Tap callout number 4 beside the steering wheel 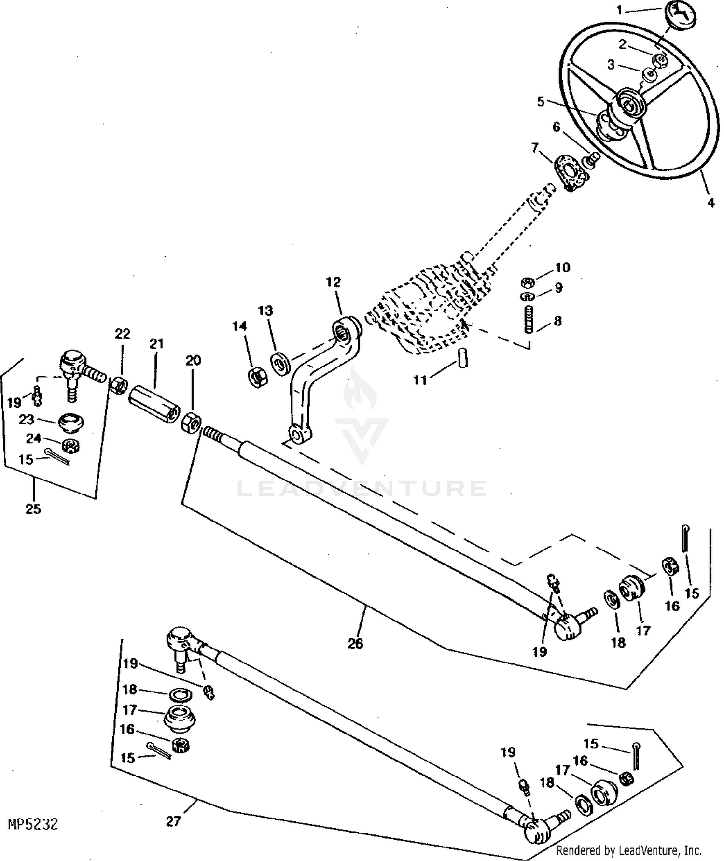coord(710,203)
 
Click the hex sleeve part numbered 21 coord(154,401)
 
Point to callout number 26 coord(355,643)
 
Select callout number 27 coord(173,820)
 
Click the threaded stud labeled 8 coord(529,319)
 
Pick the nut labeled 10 coord(528,282)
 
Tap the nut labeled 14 coord(255,376)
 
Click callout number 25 coord(33,509)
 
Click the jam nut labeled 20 coord(192,423)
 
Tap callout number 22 coord(123,334)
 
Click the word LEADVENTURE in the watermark coord(362,488)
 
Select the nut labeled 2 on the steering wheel coord(660,61)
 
